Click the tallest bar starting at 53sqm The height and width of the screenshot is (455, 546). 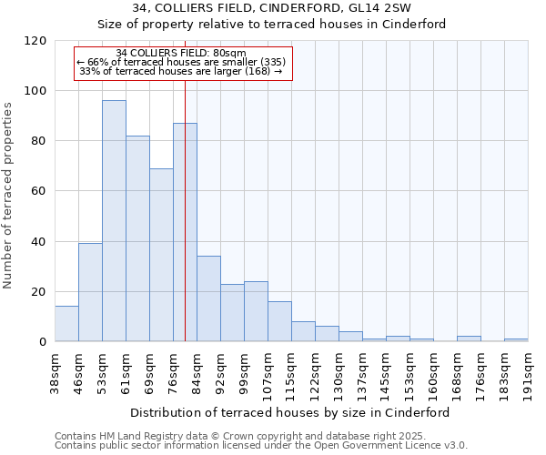[114, 220]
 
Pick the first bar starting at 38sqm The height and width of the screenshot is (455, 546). [66, 324]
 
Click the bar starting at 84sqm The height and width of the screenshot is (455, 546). [208, 298]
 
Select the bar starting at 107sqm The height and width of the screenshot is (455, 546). [279, 321]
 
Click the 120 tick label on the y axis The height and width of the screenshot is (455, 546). [35, 41]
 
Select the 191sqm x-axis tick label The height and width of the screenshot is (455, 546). [529, 370]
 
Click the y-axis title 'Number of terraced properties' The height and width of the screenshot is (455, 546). [9, 196]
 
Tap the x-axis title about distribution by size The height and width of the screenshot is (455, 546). [291, 412]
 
